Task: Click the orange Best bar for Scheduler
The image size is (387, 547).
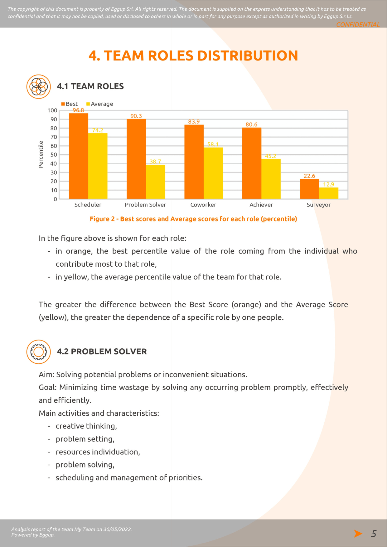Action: [x=79, y=156]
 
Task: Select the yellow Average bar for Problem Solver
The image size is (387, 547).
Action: [x=156, y=182]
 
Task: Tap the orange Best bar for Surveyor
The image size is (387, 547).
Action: [x=309, y=189]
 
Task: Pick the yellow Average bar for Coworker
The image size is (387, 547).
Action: [x=213, y=173]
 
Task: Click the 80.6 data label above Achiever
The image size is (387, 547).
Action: [x=251, y=124]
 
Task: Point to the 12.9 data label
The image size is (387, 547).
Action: [x=329, y=184]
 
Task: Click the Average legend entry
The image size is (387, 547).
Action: [x=99, y=104]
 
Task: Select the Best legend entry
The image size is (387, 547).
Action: [x=70, y=104]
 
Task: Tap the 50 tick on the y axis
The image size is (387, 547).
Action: [x=54, y=155]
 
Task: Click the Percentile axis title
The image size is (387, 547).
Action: [x=41, y=155]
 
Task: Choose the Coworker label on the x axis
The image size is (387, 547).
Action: [x=203, y=205]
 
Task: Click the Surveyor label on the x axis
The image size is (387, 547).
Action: [x=318, y=205]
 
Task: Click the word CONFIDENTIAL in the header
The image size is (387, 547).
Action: [x=358, y=24]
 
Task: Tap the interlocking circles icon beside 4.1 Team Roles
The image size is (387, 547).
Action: [x=39, y=87]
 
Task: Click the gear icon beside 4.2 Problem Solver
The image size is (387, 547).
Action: [x=39, y=352]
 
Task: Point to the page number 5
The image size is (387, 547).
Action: [x=374, y=534]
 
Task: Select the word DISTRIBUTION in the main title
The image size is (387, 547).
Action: [x=248, y=56]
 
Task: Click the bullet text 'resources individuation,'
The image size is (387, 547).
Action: [x=98, y=452]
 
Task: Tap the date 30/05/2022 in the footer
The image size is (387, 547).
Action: [x=117, y=529]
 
